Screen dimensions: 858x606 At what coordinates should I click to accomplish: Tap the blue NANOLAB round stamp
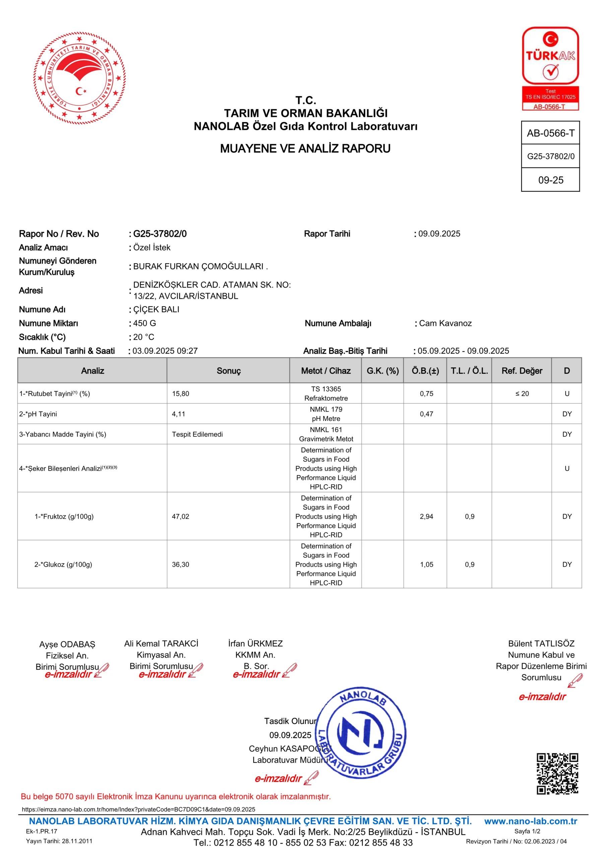[x=361, y=732]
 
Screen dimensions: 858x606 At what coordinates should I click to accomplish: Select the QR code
[x=557, y=773]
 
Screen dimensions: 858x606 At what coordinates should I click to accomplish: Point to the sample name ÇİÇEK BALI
[x=156, y=309]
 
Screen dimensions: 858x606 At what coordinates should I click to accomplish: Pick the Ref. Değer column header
[x=522, y=371]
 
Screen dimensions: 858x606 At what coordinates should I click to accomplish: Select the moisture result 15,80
[x=181, y=393]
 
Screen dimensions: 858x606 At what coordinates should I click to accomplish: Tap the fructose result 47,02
[x=181, y=516]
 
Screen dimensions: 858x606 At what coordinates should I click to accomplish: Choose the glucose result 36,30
[x=181, y=564]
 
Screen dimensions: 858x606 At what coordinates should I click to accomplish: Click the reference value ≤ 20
[x=522, y=393]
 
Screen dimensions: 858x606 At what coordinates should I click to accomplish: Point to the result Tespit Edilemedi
[x=197, y=434]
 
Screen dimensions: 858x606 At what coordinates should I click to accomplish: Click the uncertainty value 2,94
[x=426, y=516]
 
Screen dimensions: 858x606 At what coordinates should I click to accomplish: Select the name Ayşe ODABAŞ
[x=67, y=644]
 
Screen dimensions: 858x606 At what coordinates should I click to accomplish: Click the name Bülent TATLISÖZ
[x=541, y=643]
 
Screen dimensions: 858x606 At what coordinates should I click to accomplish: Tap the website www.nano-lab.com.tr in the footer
[x=531, y=821]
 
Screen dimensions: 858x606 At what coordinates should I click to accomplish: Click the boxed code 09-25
[x=550, y=180]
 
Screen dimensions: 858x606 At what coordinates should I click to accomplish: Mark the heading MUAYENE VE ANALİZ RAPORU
[x=305, y=149]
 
